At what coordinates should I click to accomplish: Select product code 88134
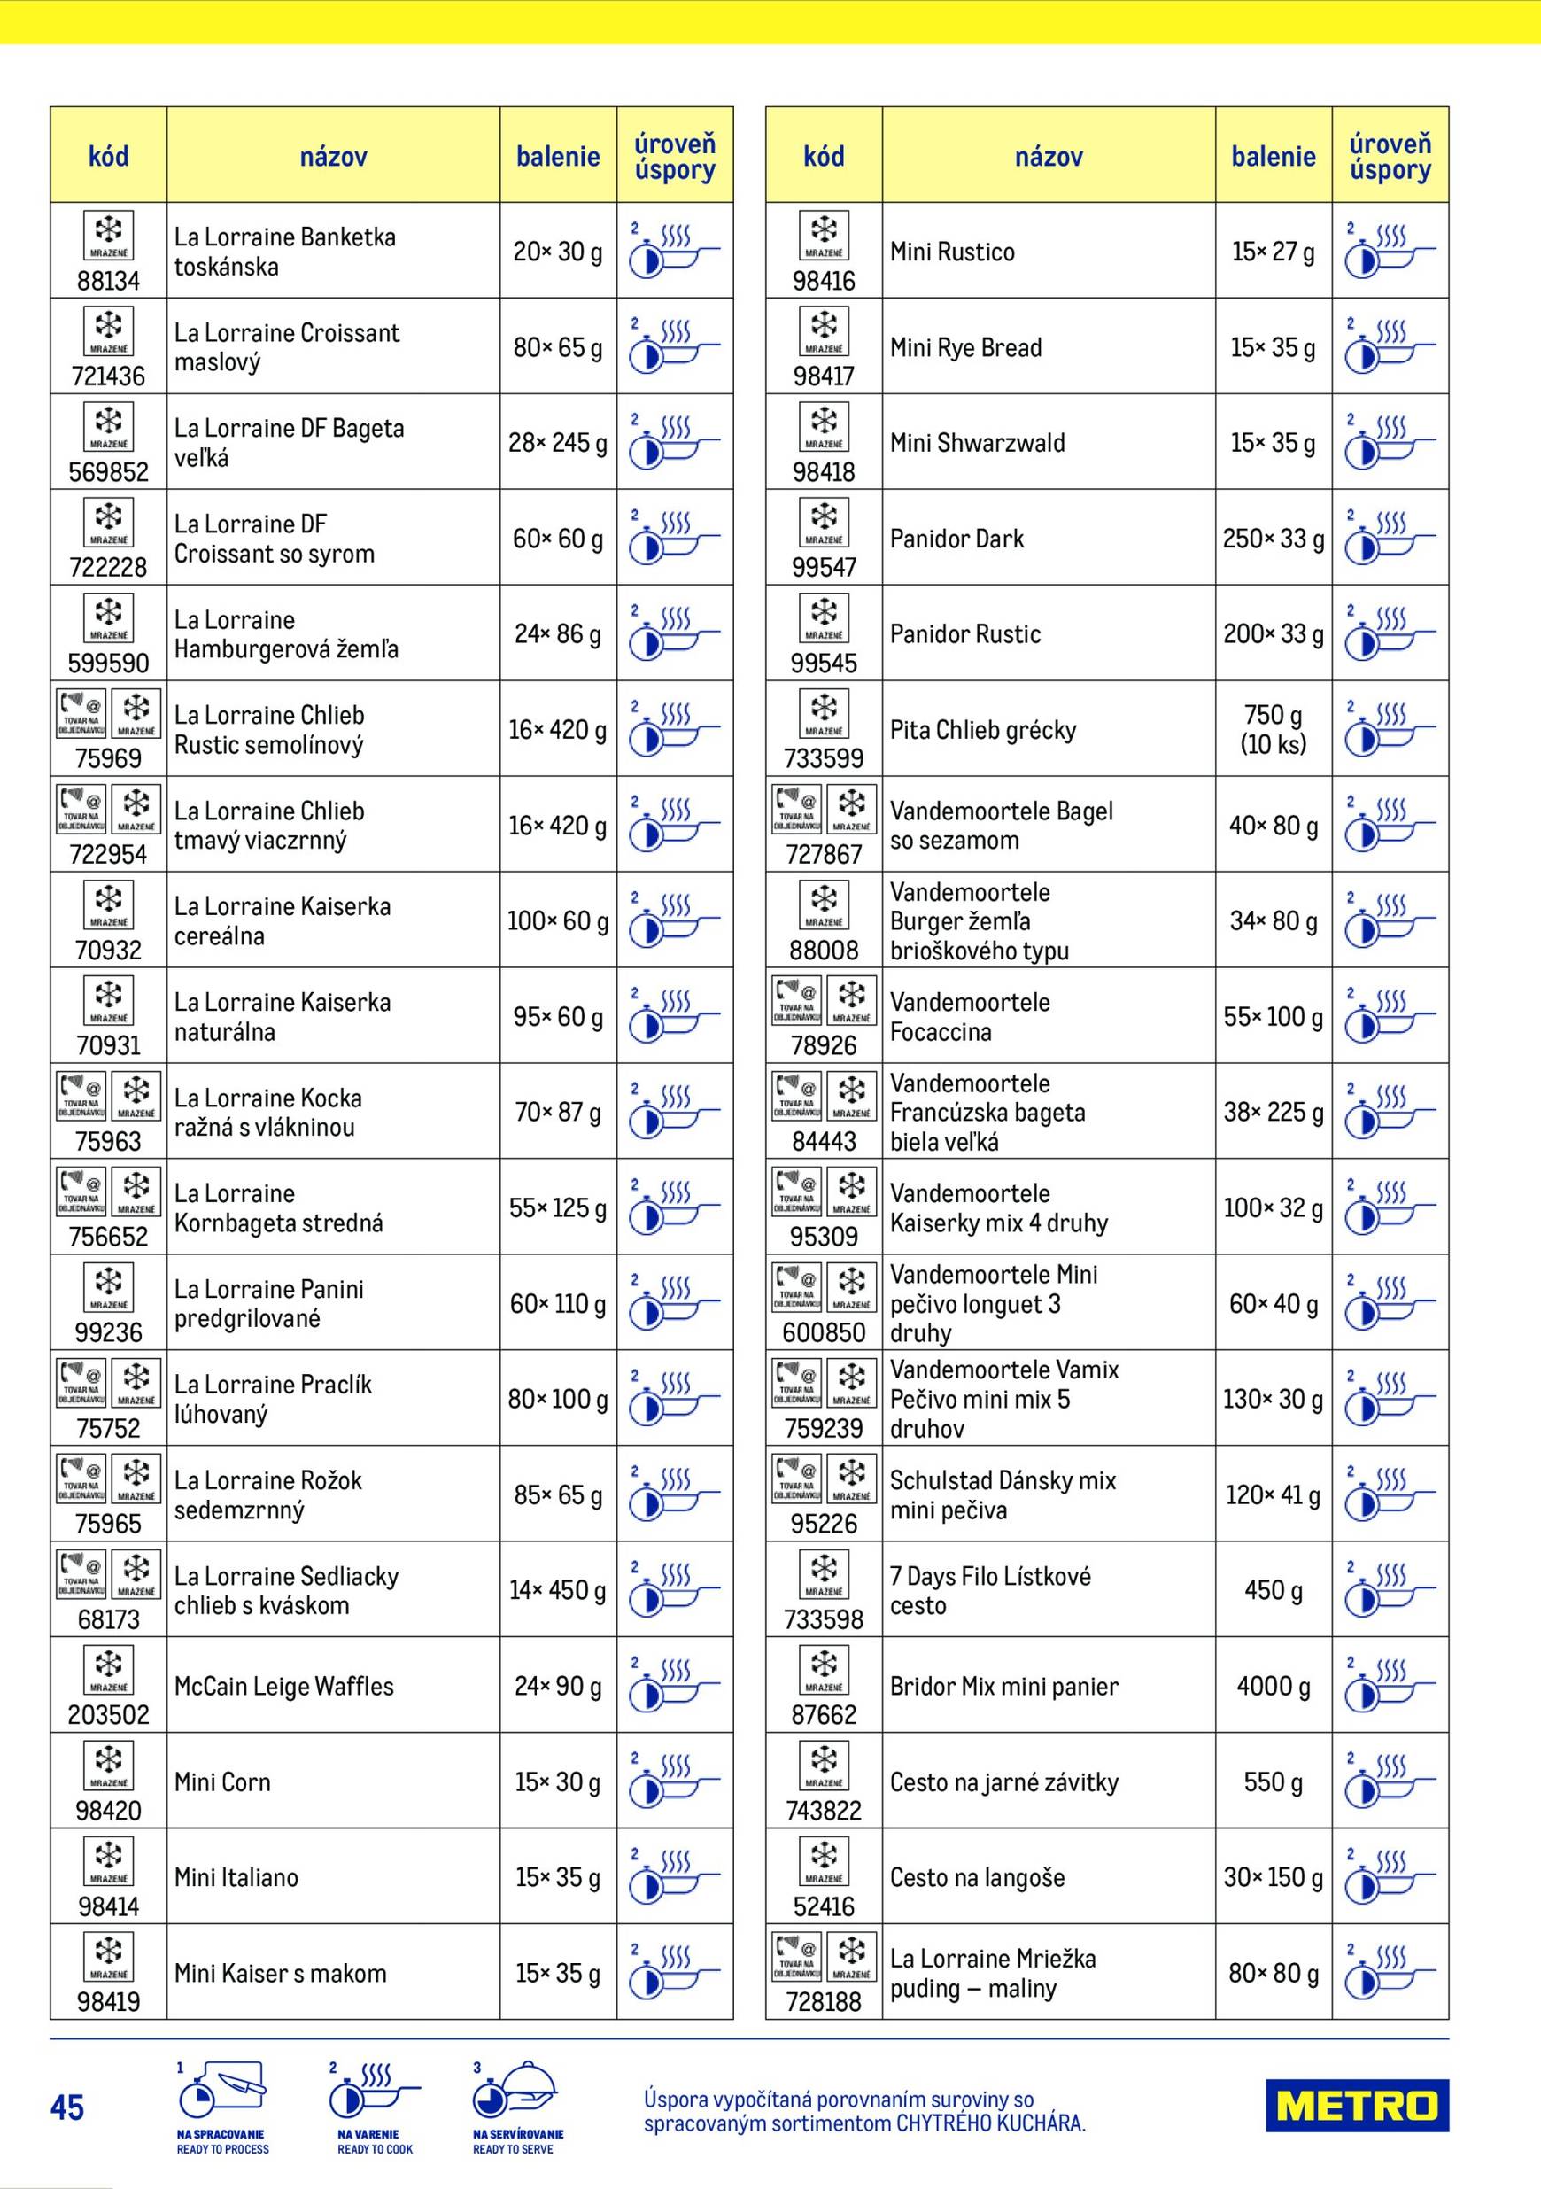point(109,281)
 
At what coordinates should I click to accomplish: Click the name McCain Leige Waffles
point(284,1686)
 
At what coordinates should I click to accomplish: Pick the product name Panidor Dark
point(956,539)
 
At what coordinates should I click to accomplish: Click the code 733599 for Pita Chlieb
point(824,759)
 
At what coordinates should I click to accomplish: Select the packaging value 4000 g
point(1274,1686)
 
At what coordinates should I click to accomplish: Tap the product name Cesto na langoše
point(977,1877)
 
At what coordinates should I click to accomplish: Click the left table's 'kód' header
point(109,156)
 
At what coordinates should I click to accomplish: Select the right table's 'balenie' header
point(1274,156)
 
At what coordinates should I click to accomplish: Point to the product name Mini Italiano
point(236,1877)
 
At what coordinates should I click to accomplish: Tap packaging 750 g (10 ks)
point(1274,729)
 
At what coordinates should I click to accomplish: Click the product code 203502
point(109,1715)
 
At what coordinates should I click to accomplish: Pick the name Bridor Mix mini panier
point(1004,1686)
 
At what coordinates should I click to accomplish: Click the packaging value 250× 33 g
point(1274,539)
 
